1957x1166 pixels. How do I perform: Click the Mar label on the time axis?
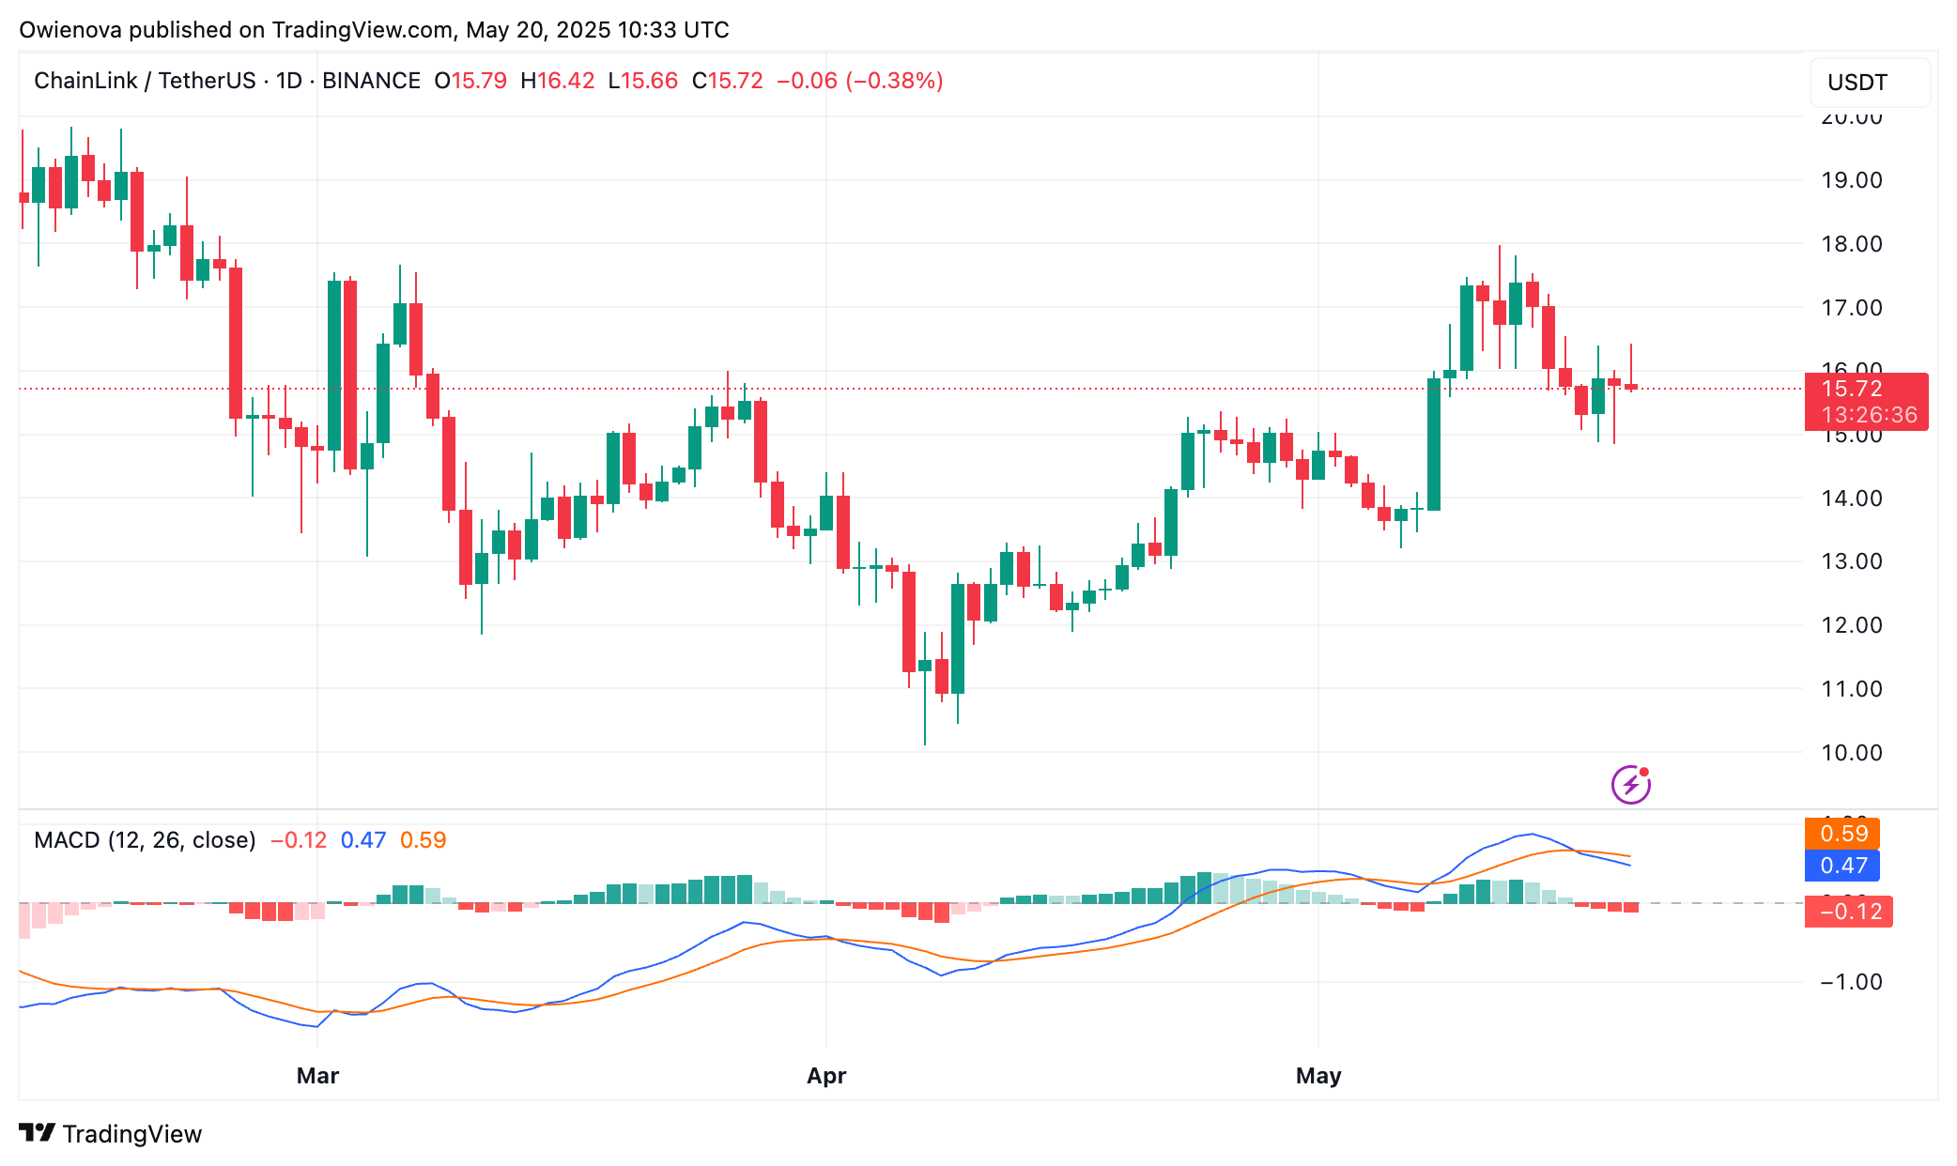317,1076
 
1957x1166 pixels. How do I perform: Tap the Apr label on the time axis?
826,1076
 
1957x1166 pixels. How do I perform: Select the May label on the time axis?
1318,1076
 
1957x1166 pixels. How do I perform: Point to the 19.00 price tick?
1851,180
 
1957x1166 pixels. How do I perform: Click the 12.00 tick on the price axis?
1851,625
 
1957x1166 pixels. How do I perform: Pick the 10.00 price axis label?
1851,753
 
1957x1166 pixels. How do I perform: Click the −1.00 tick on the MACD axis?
1851,982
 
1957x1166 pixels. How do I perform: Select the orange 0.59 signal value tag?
1842,834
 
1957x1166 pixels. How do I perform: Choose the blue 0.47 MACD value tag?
1842,866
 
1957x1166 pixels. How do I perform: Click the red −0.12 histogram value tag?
1848,912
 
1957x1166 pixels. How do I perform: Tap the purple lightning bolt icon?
1631,785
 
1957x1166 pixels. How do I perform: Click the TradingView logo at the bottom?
111,1134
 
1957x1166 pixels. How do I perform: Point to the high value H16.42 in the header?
558,81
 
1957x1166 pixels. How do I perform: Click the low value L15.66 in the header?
643,81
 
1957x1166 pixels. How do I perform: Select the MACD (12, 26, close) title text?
145,840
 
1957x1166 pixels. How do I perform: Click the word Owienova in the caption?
70,30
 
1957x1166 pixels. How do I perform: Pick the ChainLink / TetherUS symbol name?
145,81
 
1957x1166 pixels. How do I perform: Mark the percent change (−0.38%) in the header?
894,81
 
